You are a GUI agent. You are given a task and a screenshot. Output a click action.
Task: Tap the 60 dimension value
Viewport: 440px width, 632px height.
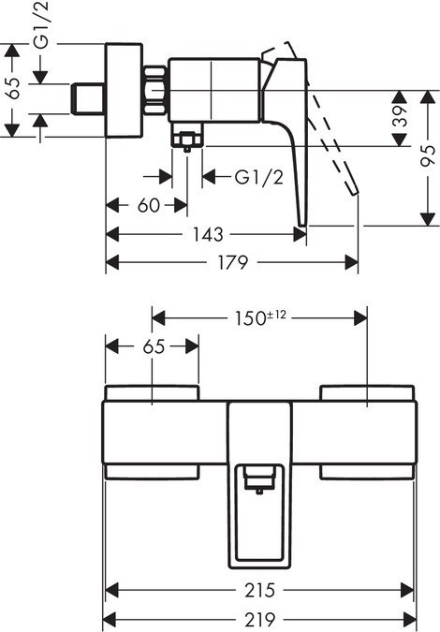149,205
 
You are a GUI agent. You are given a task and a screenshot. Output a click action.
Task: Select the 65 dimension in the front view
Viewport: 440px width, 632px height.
154,346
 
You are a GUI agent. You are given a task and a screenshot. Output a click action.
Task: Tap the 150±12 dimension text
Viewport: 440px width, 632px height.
258,317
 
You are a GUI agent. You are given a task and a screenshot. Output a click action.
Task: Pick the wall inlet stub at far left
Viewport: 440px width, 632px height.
88,96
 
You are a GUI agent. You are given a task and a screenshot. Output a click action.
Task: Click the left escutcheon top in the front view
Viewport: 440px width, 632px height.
152,391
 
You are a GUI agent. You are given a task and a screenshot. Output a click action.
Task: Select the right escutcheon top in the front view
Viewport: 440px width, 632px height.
366,391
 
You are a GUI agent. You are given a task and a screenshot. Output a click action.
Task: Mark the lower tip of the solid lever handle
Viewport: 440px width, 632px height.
301,221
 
